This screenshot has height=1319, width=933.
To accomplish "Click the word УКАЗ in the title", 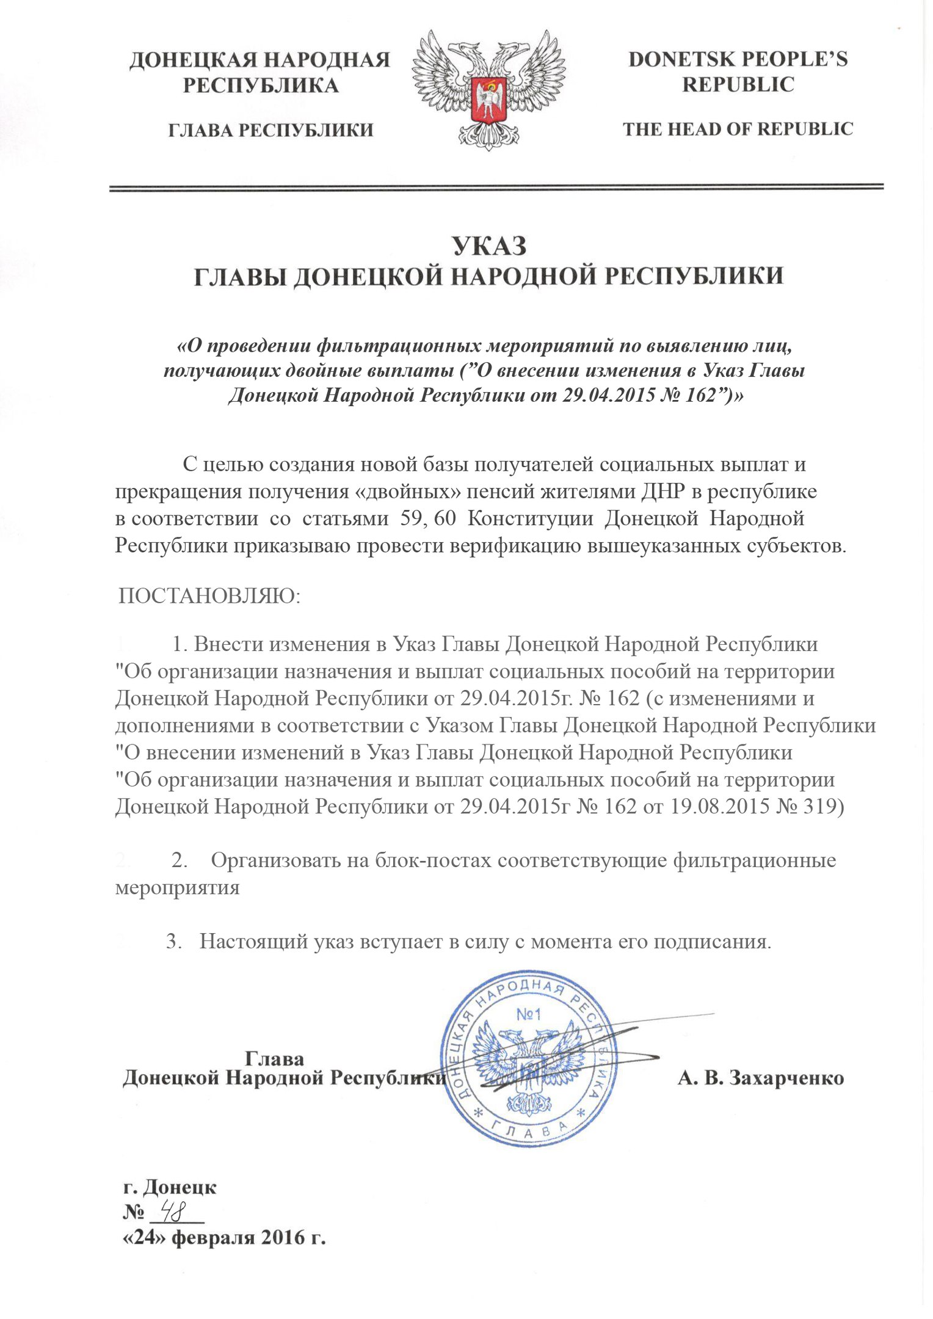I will pyautogui.click(x=489, y=246).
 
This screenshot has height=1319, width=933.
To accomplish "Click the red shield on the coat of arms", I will pyautogui.click(x=488, y=100).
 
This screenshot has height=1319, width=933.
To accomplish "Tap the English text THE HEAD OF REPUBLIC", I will pyautogui.click(x=738, y=129).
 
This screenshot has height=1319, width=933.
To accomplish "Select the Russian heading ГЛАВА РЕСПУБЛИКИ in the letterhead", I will pyautogui.click(x=270, y=130).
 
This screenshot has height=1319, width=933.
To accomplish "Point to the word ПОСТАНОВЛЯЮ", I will pyautogui.click(x=209, y=596).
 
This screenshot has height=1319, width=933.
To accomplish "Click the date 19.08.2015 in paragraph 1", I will pyautogui.click(x=721, y=807).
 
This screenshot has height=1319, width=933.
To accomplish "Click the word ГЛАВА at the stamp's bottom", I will pyautogui.click(x=529, y=1130).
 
